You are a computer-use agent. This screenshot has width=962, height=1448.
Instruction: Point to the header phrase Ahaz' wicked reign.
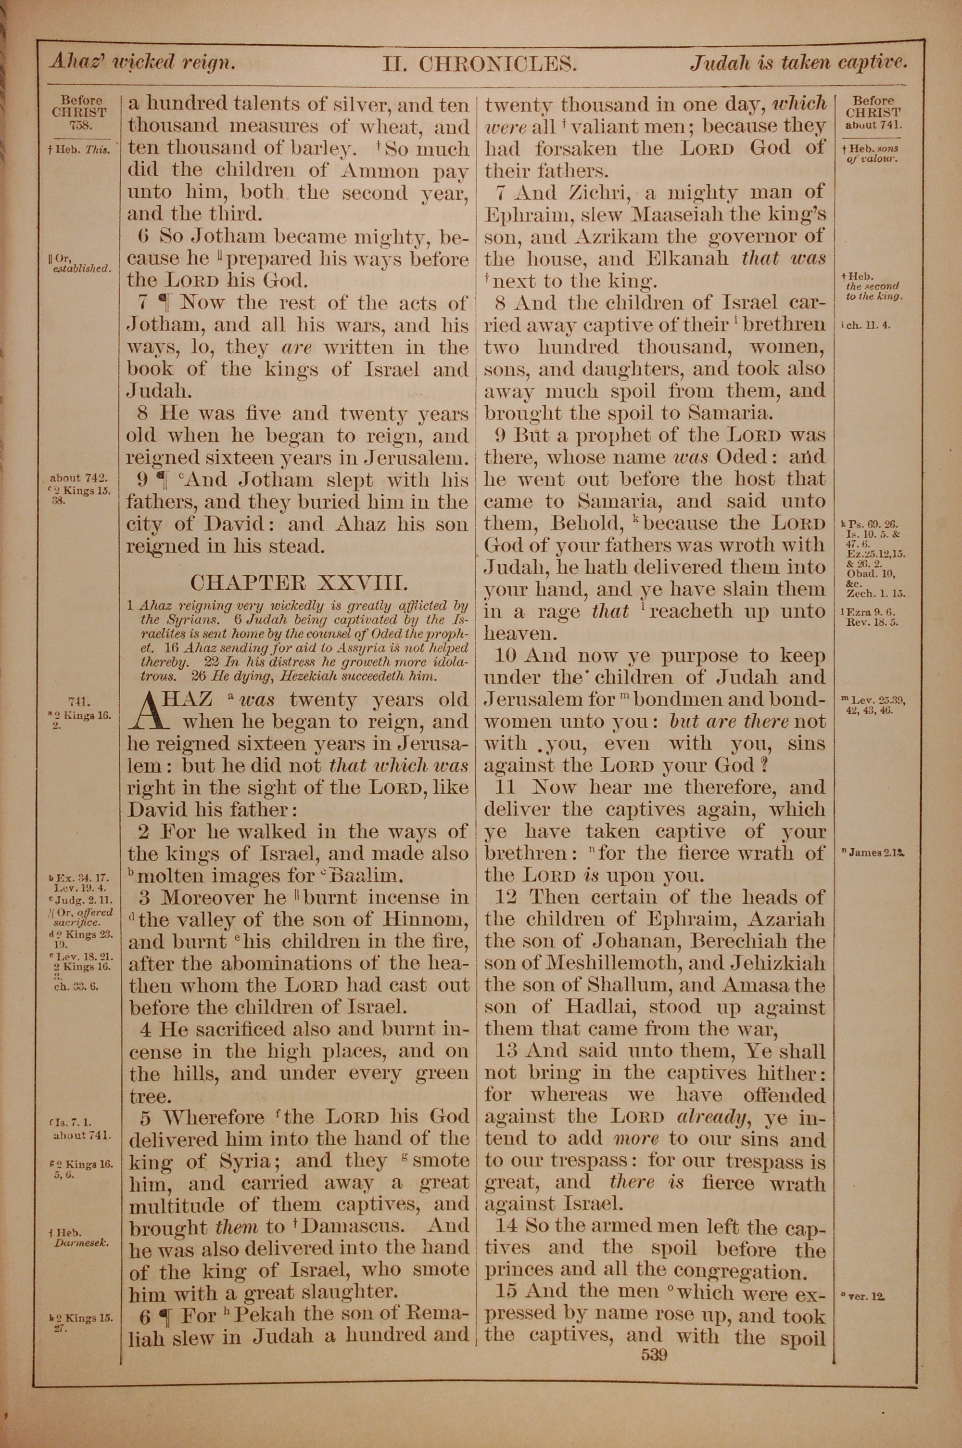142,63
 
